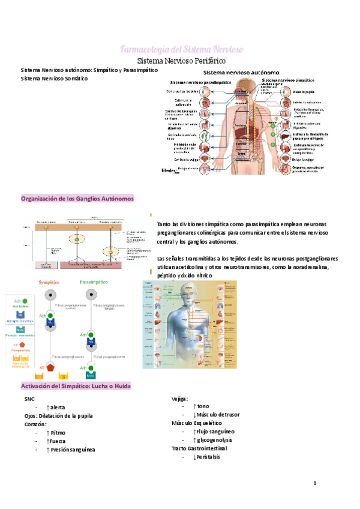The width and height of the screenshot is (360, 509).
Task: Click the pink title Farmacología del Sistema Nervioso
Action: click(x=180, y=49)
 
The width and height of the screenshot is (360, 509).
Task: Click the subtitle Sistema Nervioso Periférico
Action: click(x=180, y=61)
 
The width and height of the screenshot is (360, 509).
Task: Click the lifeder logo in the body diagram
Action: click(x=169, y=170)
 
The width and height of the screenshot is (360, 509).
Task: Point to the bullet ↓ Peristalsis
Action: click(x=207, y=457)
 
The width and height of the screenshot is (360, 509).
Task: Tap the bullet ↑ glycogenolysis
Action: click(x=212, y=440)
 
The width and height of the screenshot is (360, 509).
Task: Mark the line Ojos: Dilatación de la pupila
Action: click(x=59, y=415)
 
